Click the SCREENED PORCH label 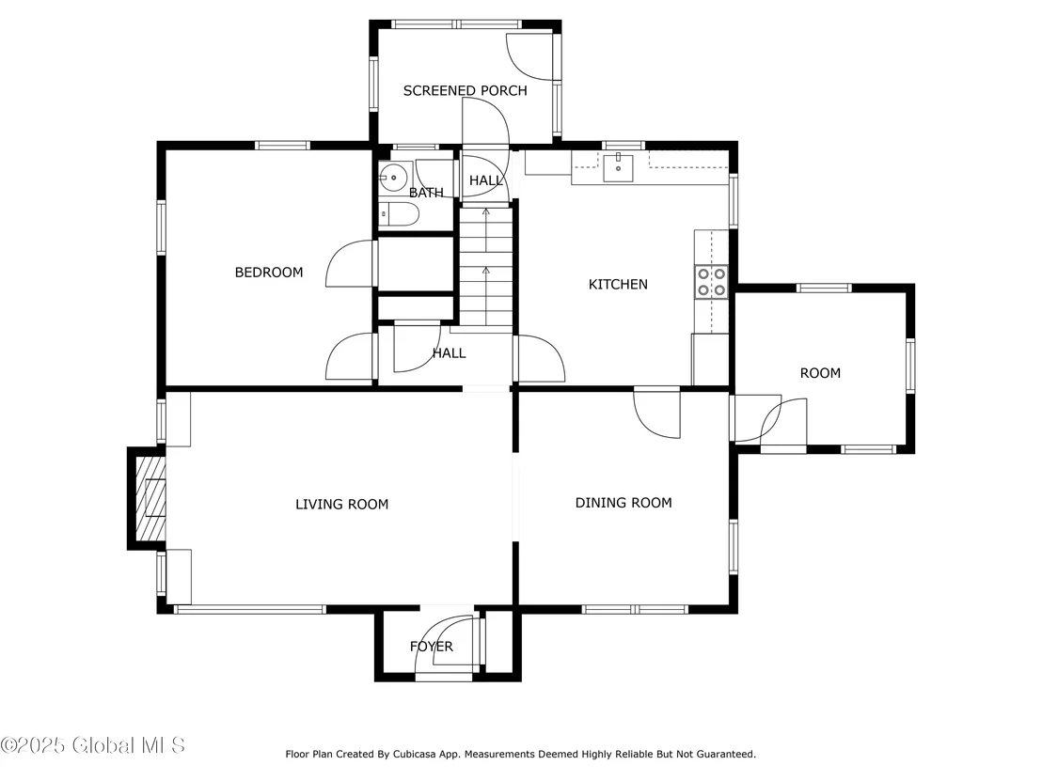[466, 90]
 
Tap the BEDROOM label [269, 273]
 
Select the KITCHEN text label [618, 284]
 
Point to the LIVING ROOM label [341, 504]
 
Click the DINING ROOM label [624, 503]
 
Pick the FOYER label [432, 647]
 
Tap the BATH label [426, 193]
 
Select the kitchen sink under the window [618, 167]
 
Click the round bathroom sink [394, 178]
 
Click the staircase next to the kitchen [486, 266]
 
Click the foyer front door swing [445, 643]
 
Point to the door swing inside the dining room [657, 414]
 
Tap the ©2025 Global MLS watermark [93, 745]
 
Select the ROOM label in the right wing [820, 373]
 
